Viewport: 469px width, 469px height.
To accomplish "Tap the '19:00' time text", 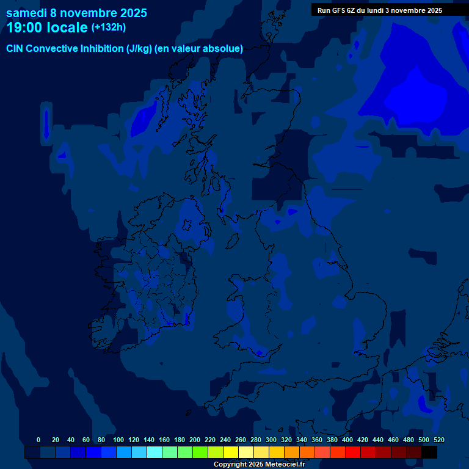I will point(26,27).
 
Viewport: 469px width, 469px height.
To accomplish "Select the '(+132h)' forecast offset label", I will point(109,27).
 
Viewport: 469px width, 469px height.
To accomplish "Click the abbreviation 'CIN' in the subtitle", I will point(16,49).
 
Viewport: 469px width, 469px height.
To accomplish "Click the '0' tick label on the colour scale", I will point(38,440).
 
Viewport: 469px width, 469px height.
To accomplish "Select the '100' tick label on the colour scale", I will point(118,440).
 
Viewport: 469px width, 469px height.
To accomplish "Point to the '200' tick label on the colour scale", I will point(195,440).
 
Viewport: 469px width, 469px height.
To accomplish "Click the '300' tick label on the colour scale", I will point(271,440).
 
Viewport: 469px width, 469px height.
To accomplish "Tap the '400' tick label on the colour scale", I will point(347,440).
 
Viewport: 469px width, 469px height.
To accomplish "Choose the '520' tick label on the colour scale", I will point(438,440).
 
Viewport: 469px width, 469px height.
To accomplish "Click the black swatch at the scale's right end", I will point(429,452).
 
